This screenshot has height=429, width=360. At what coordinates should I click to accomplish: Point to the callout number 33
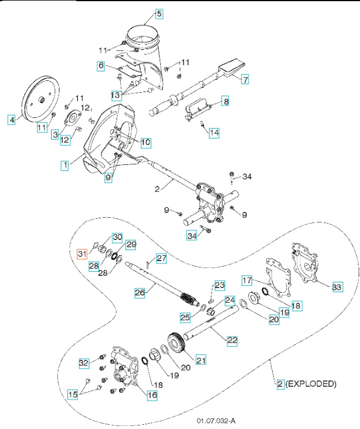[337, 287]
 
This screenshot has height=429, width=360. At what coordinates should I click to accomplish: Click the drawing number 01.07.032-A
[216, 421]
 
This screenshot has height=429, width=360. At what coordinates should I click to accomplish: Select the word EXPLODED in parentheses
[311, 384]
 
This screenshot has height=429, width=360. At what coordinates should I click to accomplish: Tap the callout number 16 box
[152, 396]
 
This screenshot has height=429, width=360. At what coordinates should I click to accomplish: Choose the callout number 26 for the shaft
[140, 292]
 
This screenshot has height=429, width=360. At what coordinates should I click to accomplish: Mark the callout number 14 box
[214, 133]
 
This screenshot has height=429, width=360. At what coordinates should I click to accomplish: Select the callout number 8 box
[225, 102]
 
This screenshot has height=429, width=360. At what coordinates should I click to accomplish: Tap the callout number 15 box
[73, 395]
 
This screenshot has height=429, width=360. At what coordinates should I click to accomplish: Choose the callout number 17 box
[248, 280]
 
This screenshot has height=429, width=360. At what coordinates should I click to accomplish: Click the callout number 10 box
[145, 142]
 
